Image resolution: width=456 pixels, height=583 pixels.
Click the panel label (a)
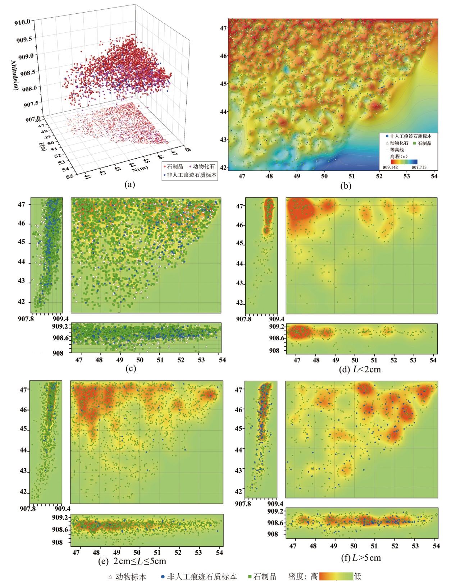coord(129,184)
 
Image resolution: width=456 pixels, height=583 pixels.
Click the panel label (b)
coord(346,185)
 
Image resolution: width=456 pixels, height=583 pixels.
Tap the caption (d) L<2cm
coord(360,369)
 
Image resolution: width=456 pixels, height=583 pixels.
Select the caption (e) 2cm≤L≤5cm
coord(132,561)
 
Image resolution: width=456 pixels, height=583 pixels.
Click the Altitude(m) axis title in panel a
coord(15,75)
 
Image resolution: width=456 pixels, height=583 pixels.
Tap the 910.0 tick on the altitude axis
coord(22,22)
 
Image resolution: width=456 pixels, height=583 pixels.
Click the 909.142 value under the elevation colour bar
coord(390,167)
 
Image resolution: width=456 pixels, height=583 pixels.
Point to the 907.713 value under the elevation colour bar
coord(419,167)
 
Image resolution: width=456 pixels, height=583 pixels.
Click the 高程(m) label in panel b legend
coord(399,156)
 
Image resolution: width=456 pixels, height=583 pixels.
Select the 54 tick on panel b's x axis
coord(434,176)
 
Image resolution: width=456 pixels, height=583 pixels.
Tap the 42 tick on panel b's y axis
coord(223,167)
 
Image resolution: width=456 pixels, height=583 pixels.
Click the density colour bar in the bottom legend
coord(336,576)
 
